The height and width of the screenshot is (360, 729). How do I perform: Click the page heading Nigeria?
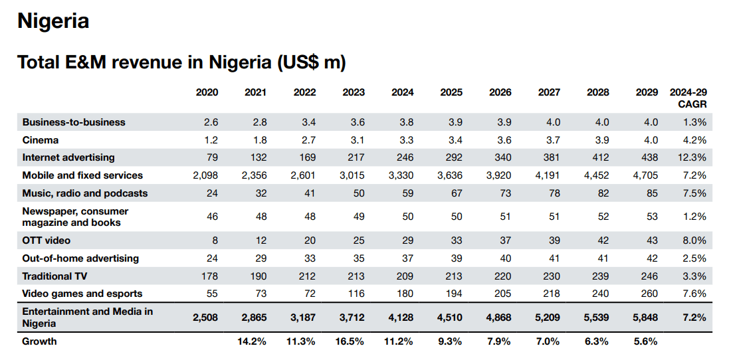pos(53,21)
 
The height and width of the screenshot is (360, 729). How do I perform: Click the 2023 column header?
pos(354,92)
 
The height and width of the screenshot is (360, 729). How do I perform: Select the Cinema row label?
pos(41,140)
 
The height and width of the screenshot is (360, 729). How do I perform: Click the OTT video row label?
pos(47,240)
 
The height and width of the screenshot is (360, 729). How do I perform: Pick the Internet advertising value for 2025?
pos(453,157)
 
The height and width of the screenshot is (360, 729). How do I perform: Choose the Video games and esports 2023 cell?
pos(356,294)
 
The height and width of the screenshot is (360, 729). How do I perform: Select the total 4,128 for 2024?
pos(401,317)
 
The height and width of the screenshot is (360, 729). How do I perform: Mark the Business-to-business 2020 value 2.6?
pos(211,122)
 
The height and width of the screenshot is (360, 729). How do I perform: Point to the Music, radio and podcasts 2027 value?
pos(552,193)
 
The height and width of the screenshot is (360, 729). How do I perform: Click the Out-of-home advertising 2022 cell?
pos(308,258)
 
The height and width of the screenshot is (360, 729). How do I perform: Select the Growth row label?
pos(40,341)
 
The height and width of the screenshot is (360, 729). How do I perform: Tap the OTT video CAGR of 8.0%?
pos(694,240)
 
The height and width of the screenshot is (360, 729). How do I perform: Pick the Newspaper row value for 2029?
pos(651,217)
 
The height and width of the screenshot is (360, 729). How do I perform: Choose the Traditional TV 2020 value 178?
pos(209,276)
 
